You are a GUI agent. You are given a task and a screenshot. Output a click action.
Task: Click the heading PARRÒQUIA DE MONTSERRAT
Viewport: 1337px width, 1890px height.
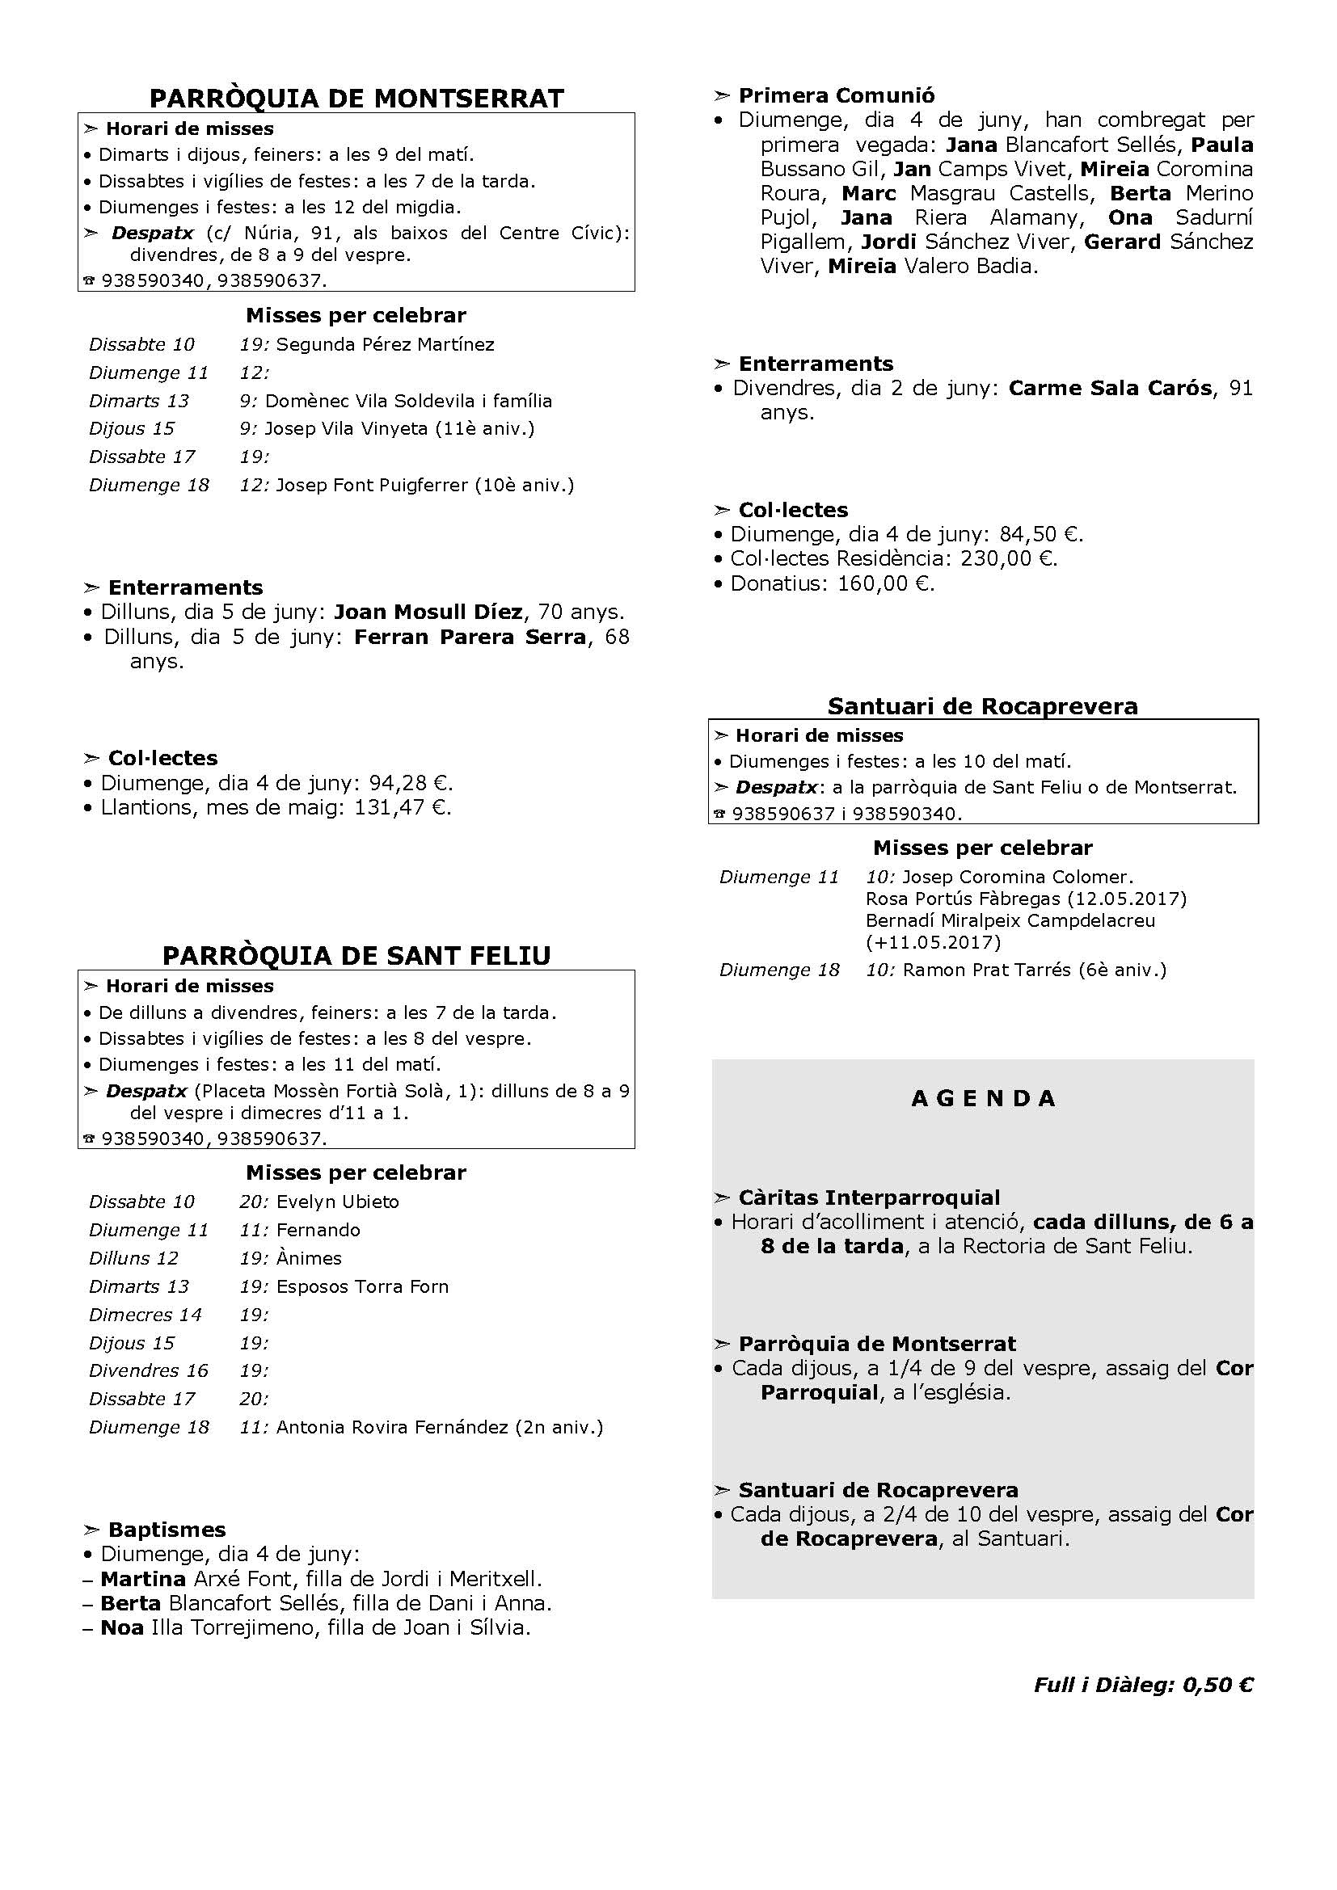[x=356, y=99]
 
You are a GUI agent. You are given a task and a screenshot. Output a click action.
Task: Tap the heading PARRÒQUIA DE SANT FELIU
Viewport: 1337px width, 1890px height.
[x=356, y=956]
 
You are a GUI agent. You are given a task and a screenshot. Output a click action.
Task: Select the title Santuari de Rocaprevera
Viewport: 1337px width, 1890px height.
[x=982, y=706]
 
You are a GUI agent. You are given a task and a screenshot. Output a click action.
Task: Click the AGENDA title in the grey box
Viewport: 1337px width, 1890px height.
[x=983, y=1099]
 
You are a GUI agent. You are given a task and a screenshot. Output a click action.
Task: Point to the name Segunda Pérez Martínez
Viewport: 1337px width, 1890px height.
[x=386, y=344]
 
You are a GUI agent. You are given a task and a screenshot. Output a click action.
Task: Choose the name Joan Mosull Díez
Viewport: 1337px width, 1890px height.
[x=428, y=612]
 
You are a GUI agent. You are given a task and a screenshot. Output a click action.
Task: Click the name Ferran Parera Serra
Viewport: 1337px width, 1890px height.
[x=470, y=637]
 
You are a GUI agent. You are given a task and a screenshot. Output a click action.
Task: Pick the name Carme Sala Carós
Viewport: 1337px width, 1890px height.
[x=1110, y=388]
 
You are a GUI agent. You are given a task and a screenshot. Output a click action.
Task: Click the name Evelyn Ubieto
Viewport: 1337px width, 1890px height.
[x=338, y=1202]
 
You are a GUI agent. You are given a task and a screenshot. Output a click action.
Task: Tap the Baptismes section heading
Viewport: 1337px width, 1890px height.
[x=167, y=1530]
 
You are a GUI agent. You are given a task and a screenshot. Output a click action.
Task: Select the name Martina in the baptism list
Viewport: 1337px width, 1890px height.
[x=142, y=1579]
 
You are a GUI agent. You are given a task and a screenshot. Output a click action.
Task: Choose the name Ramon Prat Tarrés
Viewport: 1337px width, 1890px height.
[x=989, y=970]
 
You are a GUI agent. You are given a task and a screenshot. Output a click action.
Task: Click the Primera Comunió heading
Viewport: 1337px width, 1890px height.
[x=837, y=95]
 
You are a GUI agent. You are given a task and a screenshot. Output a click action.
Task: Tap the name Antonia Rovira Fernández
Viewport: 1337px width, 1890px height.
[x=392, y=1427]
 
